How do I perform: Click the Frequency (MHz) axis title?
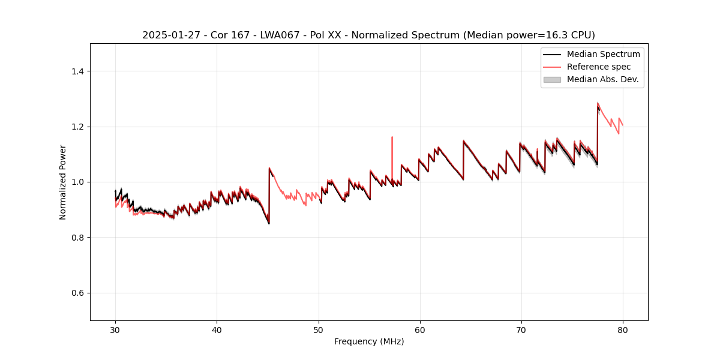click(x=369, y=341)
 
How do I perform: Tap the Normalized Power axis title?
click(x=63, y=182)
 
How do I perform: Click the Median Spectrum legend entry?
click(x=603, y=54)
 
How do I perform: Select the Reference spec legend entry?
click(x=598, y=67)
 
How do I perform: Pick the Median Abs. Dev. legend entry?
click(x=602, y=79)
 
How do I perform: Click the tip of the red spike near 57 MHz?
click(x=392, y=137)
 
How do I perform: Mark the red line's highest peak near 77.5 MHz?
click(x=598, y=103)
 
